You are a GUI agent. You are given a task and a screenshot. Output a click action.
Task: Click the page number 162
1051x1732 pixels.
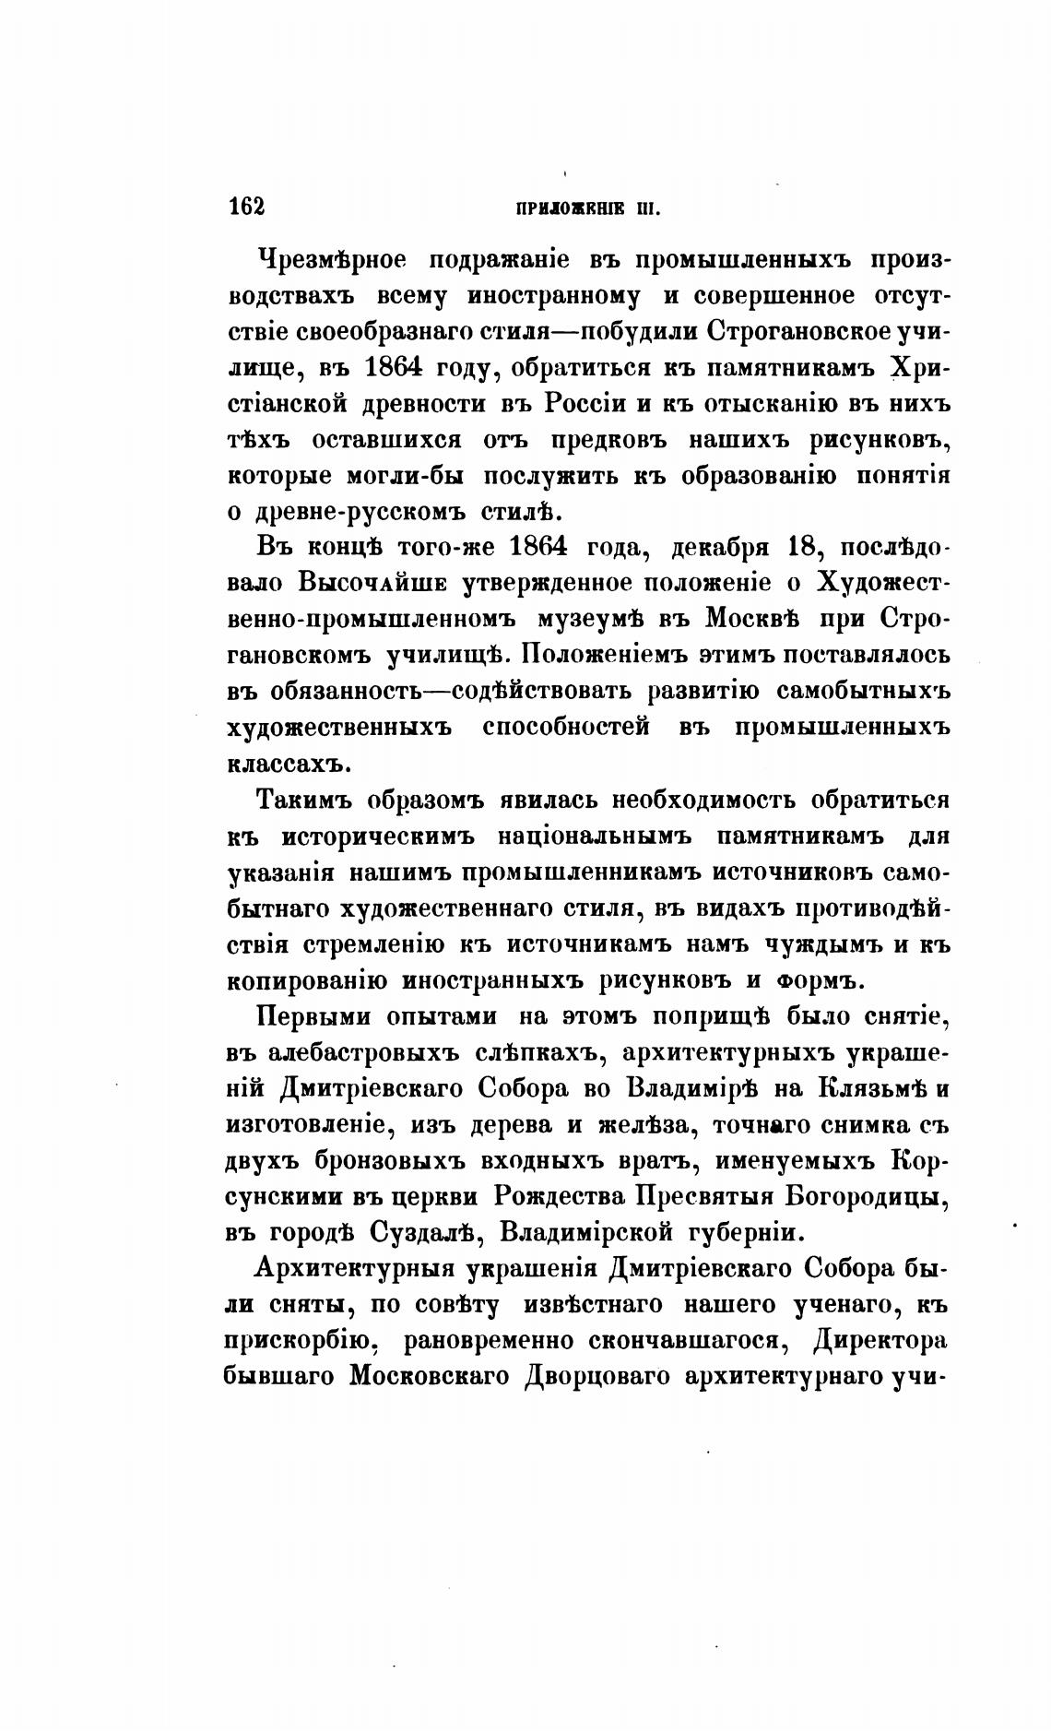pyautogui.click(x=245, y=206)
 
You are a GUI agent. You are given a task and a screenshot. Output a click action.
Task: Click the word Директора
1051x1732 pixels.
pyautogui.click(x=880, y=1341)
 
